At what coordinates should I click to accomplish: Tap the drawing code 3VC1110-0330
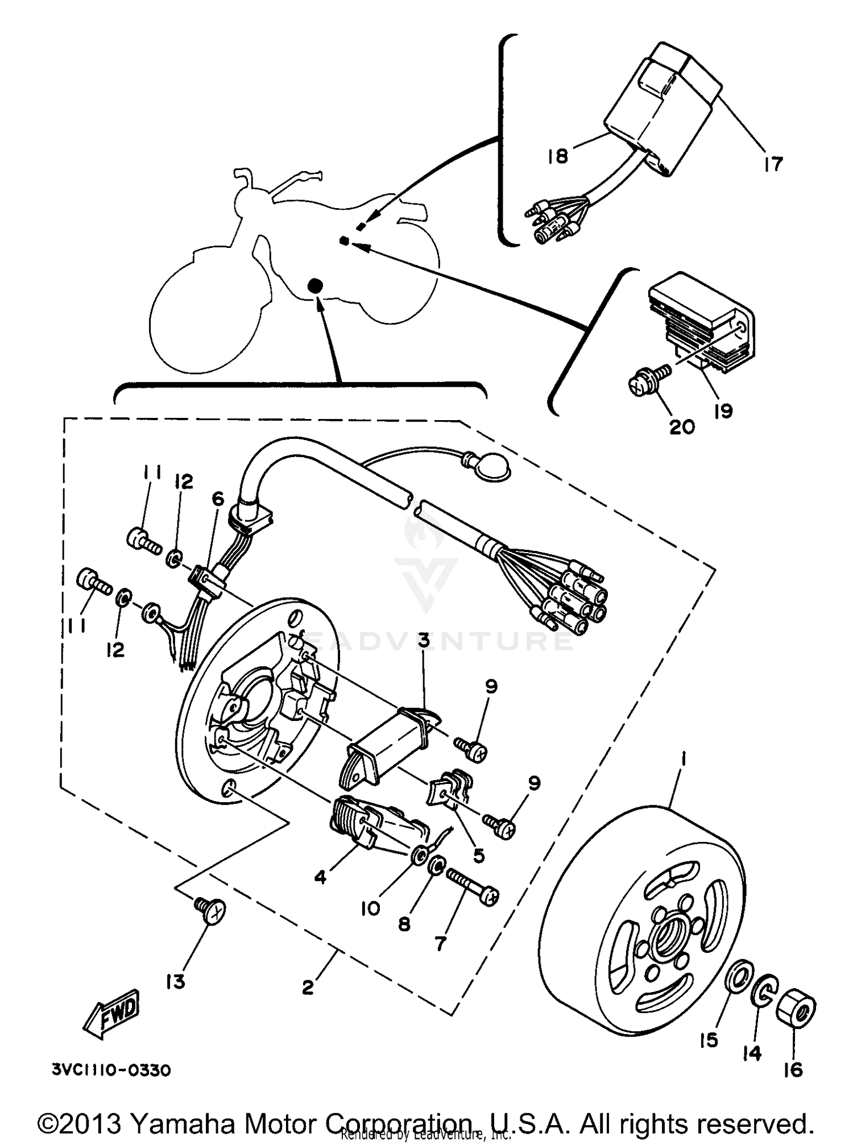coord(111,1071)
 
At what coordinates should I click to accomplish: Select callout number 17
coord(773,164)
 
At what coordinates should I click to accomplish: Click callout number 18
coord(558,156)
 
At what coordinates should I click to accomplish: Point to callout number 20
coord(682,426)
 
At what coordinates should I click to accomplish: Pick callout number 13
coord(176,981)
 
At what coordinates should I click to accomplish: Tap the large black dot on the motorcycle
coord(314,286)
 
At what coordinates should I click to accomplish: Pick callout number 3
coord(424,641)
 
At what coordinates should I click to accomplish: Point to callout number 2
coord(308,988)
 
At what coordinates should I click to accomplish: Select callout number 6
coord(218,499)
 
